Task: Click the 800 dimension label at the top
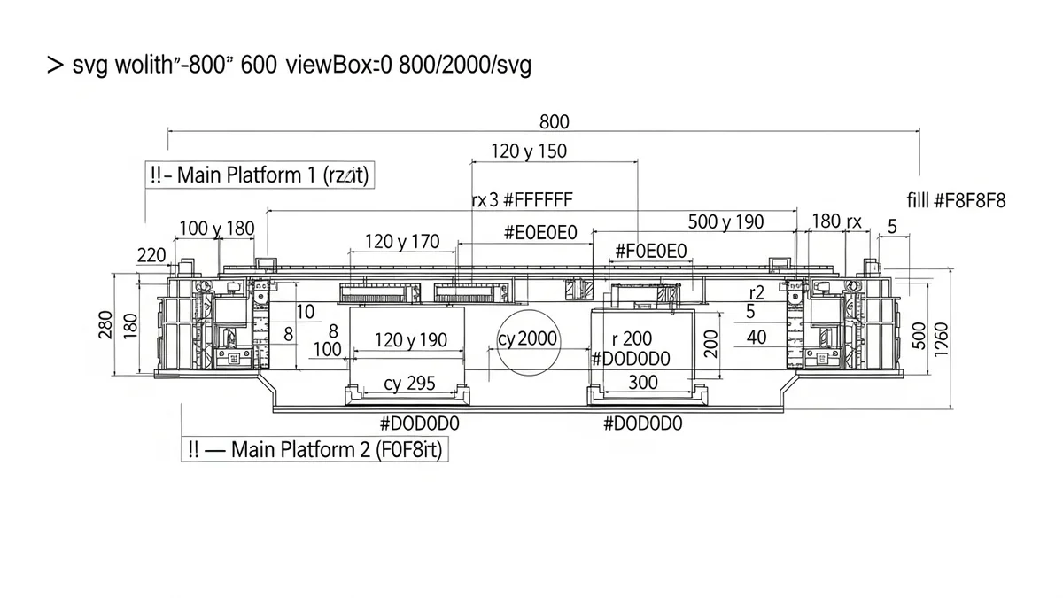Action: click(554, 122)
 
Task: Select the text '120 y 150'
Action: click(529, 151)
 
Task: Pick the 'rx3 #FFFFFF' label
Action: click(522, 199)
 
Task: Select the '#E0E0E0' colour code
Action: click(540, 233)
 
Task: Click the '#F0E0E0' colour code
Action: click(651, 252)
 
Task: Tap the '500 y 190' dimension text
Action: click(725, 221)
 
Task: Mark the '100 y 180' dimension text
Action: click(216, 229)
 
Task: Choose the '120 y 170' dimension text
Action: click(402, 241)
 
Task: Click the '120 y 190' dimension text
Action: click(411, 340)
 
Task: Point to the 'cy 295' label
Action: click(409, 383)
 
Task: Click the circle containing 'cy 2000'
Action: click(528, 340)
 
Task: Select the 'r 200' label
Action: click(632, 338)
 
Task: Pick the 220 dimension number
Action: click(152, 256)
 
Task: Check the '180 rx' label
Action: click(837, 221)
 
